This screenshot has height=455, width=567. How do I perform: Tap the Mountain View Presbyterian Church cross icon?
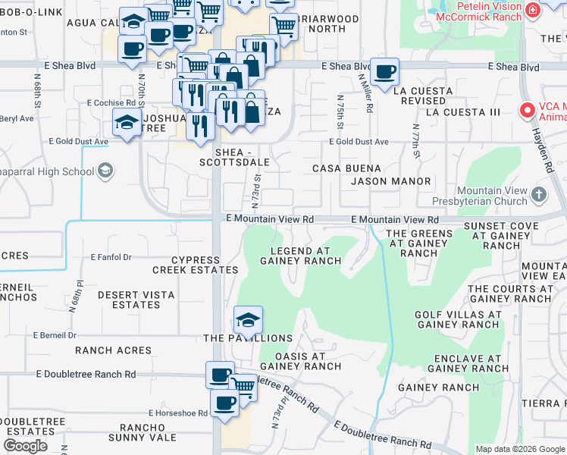539,195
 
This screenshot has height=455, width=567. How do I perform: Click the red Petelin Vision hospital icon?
533,10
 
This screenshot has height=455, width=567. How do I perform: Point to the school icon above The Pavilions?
247,319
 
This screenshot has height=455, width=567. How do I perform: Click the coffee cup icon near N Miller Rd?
385,71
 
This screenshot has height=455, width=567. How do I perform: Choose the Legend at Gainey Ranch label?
300,256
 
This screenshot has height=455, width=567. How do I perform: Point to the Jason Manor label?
390,181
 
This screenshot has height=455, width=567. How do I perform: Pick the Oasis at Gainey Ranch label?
300,361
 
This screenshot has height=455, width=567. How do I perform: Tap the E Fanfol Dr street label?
111,257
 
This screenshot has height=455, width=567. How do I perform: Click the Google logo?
25,446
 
